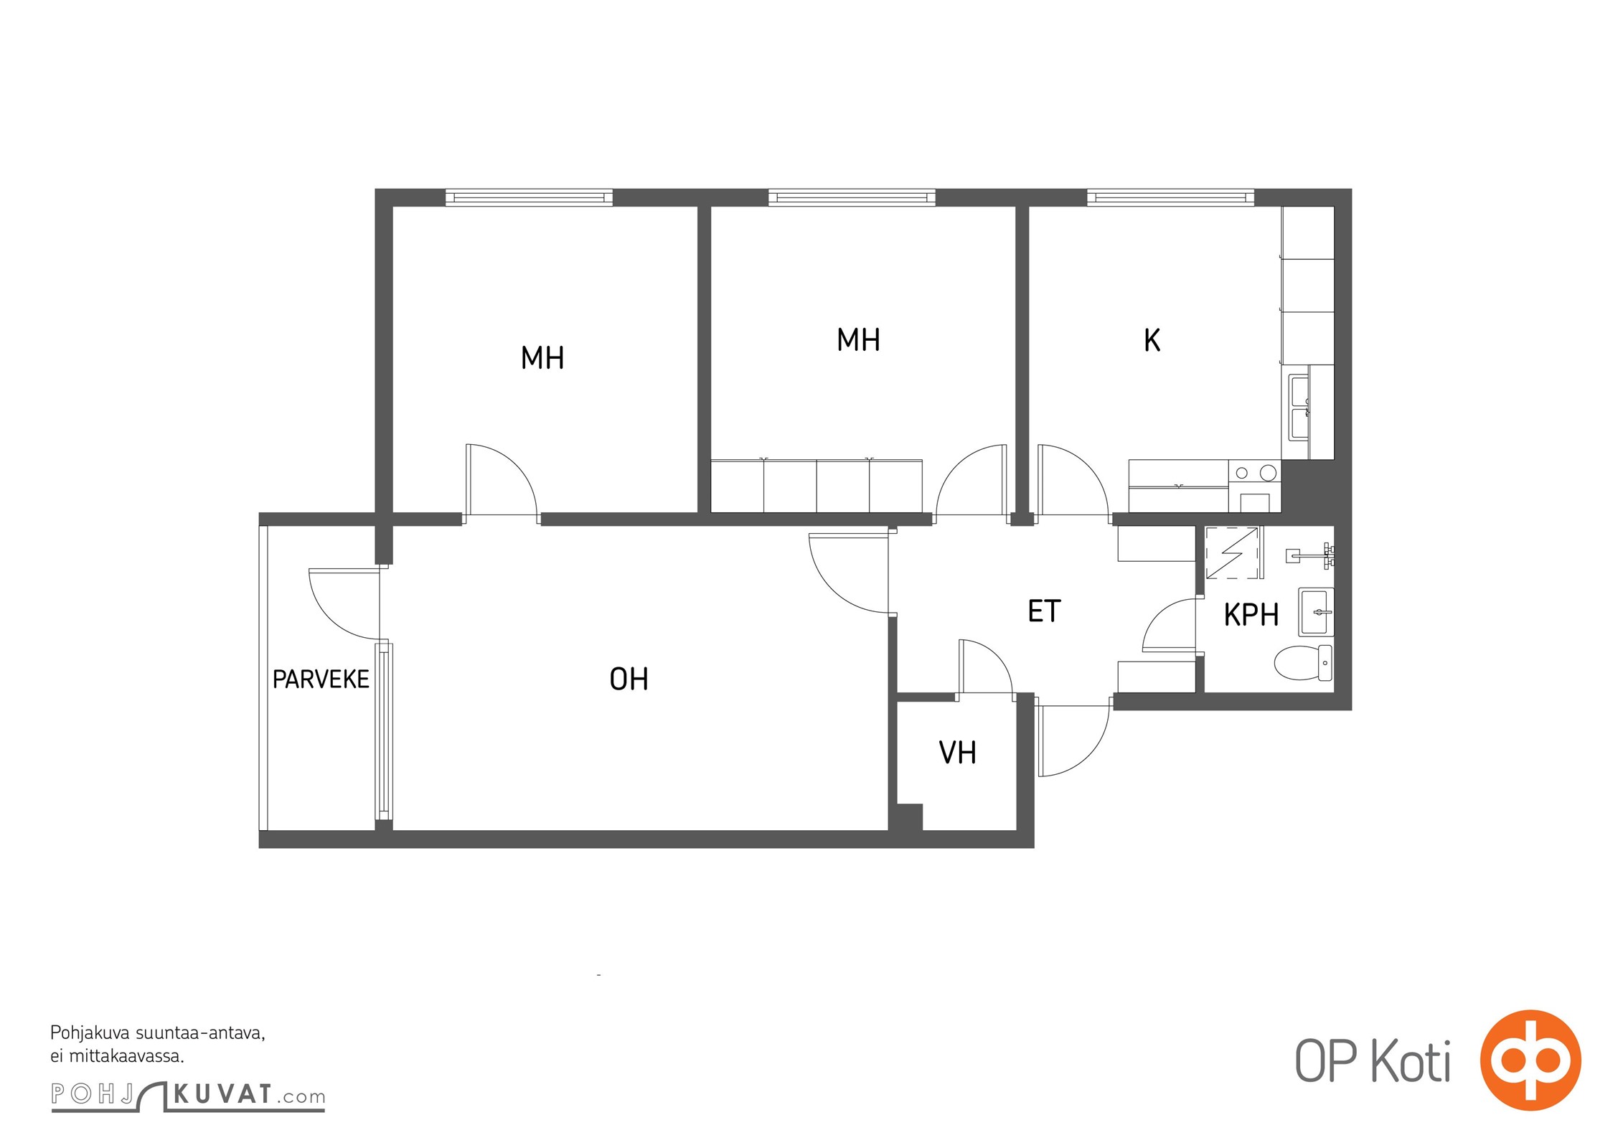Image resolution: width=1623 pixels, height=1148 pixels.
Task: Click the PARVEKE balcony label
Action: tap(321, 679)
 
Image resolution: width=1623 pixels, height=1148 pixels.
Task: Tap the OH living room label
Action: tap(629, 679)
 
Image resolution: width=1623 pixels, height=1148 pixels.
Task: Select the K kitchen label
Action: tap(1152, 341)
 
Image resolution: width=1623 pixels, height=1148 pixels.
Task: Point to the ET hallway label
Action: tap(1044, 611)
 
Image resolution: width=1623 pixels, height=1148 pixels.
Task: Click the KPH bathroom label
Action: tap(1251, 615)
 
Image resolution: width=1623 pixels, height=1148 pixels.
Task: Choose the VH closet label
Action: tap(957, 753)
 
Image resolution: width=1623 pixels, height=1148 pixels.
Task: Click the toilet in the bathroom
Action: tap(1303, 662)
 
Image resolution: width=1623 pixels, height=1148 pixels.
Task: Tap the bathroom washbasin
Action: tap(1316, 612)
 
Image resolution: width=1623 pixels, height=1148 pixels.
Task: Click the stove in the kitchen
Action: tap(1254, 486)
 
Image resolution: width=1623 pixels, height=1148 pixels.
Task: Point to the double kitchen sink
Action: tap(1299, 407)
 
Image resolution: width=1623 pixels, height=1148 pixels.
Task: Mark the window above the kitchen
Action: tap(1170, 197)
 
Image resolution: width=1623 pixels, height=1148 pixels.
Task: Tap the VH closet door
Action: tap(986, 667)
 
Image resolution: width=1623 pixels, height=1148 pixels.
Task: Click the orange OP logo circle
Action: tap(1530, 1060)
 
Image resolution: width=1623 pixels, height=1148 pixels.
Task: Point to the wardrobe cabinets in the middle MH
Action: tap(817, 486)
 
